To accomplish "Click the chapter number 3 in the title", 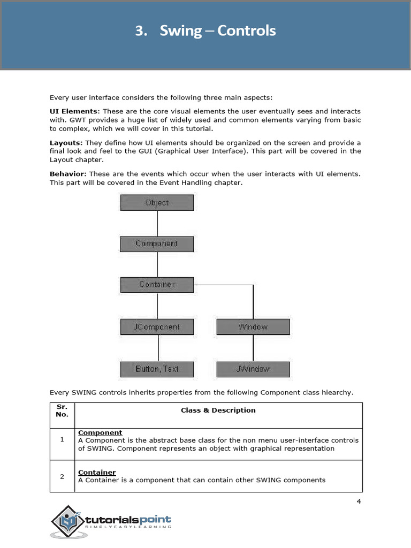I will click(141, 31).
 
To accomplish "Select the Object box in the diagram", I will click(157, 202).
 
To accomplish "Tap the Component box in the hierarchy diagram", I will click(157, 243).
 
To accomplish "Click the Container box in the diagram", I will click(157, 285).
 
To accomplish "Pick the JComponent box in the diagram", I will click(157, 327).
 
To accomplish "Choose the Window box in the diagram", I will click(253, 327).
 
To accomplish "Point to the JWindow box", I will click(253, 369).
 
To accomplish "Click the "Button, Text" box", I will click(157, 369).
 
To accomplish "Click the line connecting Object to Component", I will click(157, 223).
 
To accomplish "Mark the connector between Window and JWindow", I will click(253, 348).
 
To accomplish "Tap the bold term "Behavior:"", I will click(68, 174).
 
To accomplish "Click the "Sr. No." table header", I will click(62, 410).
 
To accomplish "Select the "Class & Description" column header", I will click(218, 410).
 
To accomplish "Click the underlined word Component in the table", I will click(100, 432).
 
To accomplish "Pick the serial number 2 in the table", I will click(62, 476).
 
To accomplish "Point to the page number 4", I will click(359, 501).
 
